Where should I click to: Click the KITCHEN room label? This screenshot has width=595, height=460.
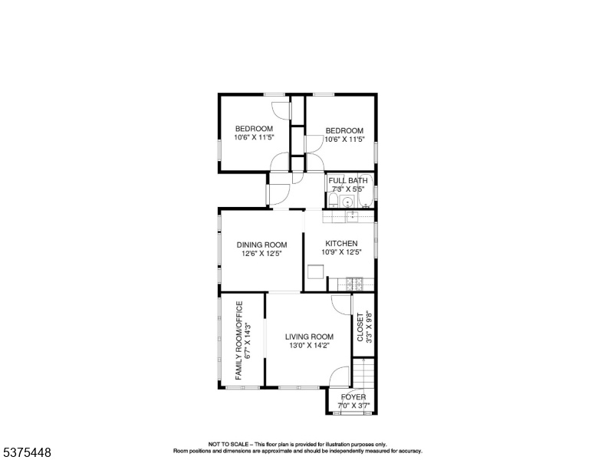tap(341, 243)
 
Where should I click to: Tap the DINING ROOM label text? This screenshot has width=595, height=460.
tap(261, 245)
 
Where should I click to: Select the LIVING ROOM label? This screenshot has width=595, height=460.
tap(309, 337)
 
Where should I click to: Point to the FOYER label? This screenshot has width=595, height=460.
tap(353, 397)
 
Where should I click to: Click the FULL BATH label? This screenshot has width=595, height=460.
tap(348, 181)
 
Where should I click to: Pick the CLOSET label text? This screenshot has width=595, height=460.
tap(360, 327)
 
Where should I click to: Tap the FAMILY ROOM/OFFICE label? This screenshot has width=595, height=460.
tap(238, 341)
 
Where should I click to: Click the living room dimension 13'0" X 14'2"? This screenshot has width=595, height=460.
tap(309, 345)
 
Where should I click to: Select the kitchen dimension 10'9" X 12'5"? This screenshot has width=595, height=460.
tap(341, 251)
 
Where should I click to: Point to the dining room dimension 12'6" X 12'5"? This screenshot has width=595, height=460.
tap(261, 253)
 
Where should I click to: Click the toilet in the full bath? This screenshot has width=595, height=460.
tap(334, 200)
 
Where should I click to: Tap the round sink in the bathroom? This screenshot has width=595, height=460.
tap(347, 201)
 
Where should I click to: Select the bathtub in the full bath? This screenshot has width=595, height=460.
tap(366, 192)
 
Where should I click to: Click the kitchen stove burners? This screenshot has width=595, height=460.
tap(354, 282)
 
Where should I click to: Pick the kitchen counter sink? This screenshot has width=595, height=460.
tap(353, 217)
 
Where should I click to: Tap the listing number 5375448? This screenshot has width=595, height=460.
tap(27, 452)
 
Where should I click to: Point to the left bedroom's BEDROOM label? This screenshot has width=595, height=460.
tap(255, 129)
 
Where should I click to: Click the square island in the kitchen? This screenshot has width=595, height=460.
tap(316, 271)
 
